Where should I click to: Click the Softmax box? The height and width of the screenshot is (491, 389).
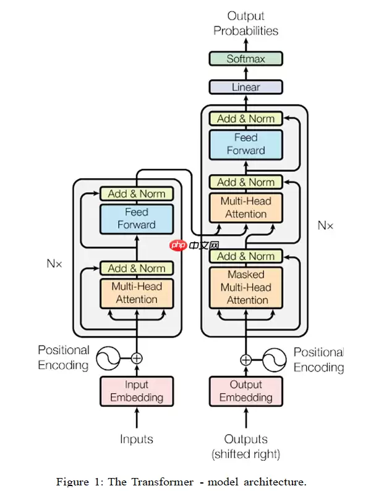pos(246,59)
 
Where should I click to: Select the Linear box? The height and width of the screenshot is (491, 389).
pos(246,87)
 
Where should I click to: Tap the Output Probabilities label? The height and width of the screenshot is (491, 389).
pos(246,24)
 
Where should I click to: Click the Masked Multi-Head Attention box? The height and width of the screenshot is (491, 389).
pos(246,287)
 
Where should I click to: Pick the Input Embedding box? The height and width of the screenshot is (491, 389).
pos(137,391)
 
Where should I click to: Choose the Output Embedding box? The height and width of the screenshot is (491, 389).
pos(246,391)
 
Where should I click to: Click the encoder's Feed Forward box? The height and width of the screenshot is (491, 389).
pos(137,219)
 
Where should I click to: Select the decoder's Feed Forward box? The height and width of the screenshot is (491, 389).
pos(246,144)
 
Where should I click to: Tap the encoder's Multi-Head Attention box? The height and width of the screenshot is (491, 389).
pos(137,293)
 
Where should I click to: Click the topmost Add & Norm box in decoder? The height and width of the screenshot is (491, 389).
pos(246,118)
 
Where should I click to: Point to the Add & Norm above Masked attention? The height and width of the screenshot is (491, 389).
pos(246,256)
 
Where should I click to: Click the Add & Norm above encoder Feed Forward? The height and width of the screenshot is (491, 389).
pos(137,193)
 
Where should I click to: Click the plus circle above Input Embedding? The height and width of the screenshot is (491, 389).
pos(137,358)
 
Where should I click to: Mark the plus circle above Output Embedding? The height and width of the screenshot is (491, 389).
pos(246,359)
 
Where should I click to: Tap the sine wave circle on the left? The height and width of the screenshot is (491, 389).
pos(106,358)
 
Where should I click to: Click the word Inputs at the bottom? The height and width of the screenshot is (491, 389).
pos(137,439)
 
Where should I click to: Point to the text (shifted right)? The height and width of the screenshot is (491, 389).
pos(246,454)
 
